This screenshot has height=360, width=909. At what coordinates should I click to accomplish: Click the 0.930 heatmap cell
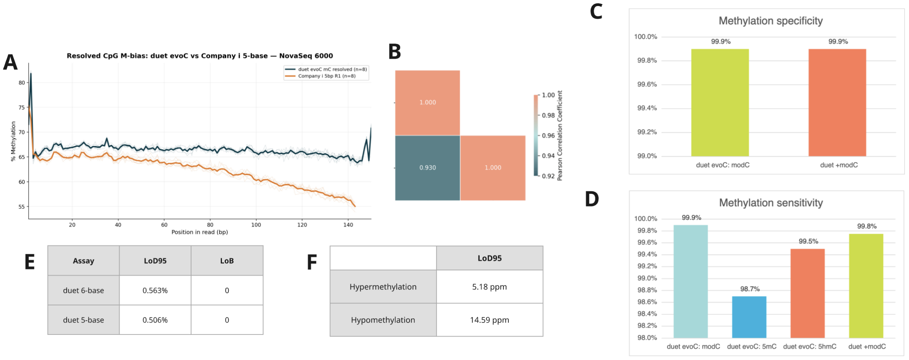[x=427, y=168]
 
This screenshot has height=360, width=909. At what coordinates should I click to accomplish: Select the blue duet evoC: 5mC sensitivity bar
[x=749, y=317]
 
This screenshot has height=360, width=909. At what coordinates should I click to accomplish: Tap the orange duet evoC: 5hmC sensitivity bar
[x=807, y=293]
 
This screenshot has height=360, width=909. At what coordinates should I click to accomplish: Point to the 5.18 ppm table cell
[x=489, y=287]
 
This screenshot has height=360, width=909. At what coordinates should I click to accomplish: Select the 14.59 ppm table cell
[x=489, y=320]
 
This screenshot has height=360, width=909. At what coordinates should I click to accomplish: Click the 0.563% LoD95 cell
[x=155, y=290]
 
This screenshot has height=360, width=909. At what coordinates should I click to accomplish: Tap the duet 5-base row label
[x=83, y=320]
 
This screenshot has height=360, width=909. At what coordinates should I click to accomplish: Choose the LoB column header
[x=227, y=261]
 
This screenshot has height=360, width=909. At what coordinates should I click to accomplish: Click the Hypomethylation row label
[x=383, y=320]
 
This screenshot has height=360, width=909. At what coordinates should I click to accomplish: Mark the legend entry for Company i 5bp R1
[x=326, y=76]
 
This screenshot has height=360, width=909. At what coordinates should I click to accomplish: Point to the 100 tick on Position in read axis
[x=256, y=225]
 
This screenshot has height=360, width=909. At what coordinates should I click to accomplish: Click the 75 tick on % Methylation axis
[x=22, y=108]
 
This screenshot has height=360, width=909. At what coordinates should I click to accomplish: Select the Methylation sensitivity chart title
[x=771, y=203]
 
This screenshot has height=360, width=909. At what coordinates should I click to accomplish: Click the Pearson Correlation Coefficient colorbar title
[x=560, y=136]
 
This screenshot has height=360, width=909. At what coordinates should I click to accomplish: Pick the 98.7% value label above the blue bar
[x=750, y=289]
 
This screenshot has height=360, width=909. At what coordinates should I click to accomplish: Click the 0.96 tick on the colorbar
[x=548, y=136]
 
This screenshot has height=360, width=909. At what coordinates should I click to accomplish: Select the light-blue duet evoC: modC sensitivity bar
[x=690, y=281]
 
